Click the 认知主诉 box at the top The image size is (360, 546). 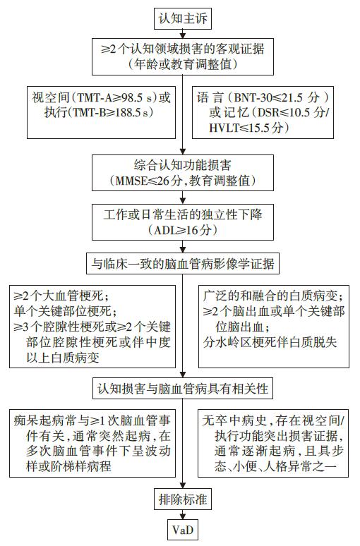pyautogui.click(x=183, y=18)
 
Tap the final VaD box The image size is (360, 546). pyautogui.click(x=183, y=530)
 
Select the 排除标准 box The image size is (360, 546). pyautogui.click(x=183, y=499)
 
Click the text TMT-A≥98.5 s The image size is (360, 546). pyautogui.click(x=114, y=98)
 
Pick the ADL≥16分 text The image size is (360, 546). pyautogui.click(x=183, y=230)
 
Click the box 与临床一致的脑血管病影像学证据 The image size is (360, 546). pyautogui.click(x=183, y=265)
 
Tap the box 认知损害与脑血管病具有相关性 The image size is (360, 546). pyautogui.click(x=183, y=389)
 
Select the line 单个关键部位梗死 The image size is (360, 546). pyautogui.click(x=63, y=311)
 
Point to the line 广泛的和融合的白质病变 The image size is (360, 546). pyautogui.click(x=273, y=296)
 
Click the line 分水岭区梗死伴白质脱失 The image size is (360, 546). pyautogui.click(x=270, y=342)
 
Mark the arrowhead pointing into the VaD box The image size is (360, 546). pyautogui.click(x=183, y=516)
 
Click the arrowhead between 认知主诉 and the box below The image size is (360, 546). pyautogui.click(x=183, y=35)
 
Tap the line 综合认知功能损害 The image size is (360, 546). pyautogui.click(x=183, y=165)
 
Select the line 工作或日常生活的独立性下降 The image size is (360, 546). pyautogui.click(x=183, y=214)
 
